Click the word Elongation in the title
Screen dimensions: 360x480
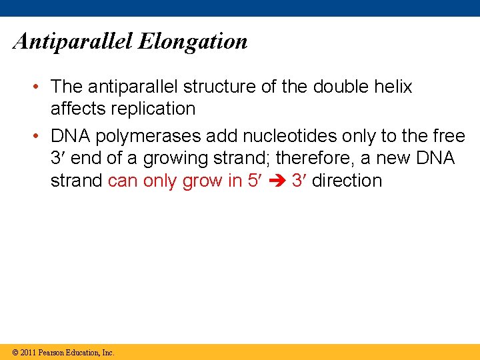tap(193, 42)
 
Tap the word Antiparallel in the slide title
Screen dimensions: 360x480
tap(73, 42)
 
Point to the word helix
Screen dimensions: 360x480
tap(393, 87)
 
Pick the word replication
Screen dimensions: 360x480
tap(152, 109)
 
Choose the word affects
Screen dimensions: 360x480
tap(77, 109)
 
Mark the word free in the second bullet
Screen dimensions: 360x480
tap(449, 136)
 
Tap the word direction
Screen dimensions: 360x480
tap(347, 181)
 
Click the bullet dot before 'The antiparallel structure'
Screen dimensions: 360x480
tap(41, 87)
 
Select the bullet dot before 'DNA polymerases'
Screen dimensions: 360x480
tap(41, 136)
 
